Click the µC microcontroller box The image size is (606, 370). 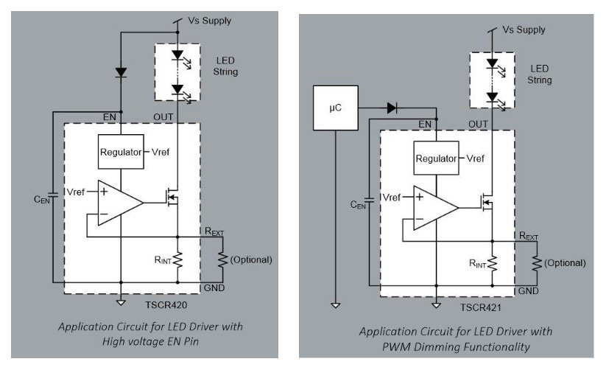[336, 108]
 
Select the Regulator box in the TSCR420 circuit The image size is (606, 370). [121, 152]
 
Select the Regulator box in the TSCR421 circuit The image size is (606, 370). [437, 158]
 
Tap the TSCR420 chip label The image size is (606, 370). [166, 305]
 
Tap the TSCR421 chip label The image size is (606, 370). [480, 307]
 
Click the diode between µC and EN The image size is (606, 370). [392, 108]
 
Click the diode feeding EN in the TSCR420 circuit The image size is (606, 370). [121, 72]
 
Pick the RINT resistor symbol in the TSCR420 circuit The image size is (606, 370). [177, 259]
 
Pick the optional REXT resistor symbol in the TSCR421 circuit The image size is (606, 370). [537, 263]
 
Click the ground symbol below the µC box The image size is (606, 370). [336, 305]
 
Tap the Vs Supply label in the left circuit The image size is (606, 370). [209, 21]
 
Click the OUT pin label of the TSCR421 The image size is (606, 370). [478, 125]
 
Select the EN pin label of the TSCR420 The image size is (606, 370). [110, 117]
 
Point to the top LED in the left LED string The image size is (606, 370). [177, 55]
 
